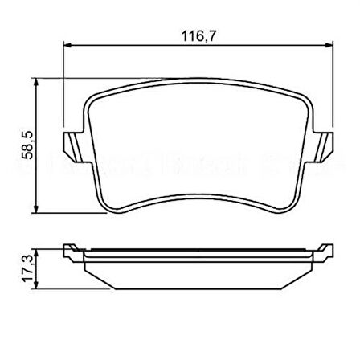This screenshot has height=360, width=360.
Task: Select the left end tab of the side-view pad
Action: [x=73, y=251]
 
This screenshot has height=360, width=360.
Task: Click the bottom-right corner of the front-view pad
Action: [x=288, y=212]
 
